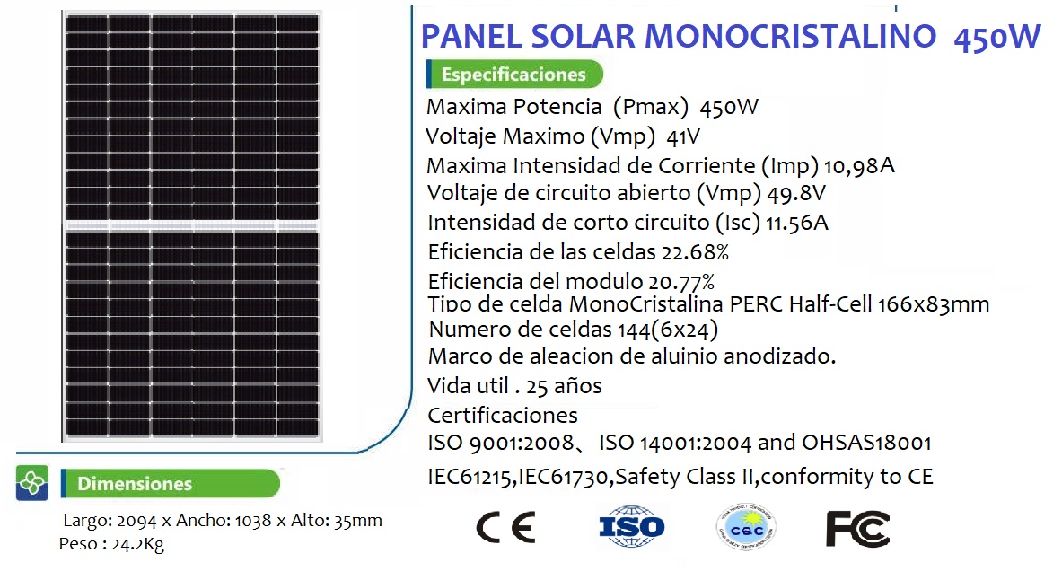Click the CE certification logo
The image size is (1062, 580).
point(506,527)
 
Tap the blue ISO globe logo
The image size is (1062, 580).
point(632,526)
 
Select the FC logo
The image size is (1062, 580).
point(857,529)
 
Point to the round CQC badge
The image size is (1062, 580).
point(746,527)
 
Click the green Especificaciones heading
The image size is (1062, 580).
point(514,74)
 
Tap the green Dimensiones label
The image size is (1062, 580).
point(170,483)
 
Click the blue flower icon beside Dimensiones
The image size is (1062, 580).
point(31,483)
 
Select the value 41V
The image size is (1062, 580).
point(682,137)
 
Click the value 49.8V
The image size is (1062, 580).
point(796,194)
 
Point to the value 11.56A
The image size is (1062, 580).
point(797,223)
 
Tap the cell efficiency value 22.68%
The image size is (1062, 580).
point(696,252)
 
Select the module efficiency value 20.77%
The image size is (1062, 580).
point(681,281)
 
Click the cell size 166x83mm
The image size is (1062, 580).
point(934,305)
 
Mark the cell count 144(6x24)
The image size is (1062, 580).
point(668,330)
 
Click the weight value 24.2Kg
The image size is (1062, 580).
point(137,544)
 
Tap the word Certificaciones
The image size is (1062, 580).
point(503,416)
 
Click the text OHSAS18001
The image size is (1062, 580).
point(867,443)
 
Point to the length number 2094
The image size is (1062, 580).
point(136,521)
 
